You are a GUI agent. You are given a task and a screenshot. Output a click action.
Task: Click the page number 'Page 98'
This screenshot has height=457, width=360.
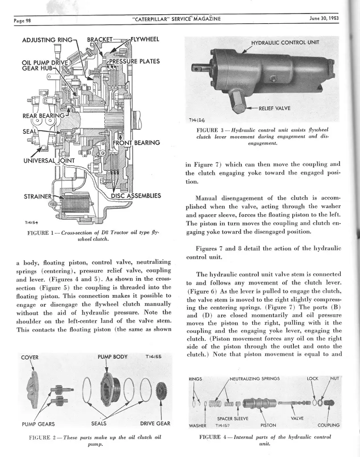[x=21, y=20]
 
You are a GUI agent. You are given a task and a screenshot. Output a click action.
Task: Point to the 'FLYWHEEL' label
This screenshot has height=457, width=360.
[x=144, y=39]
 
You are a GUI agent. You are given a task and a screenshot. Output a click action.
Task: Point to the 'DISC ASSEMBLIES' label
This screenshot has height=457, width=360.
[x=136, y=196]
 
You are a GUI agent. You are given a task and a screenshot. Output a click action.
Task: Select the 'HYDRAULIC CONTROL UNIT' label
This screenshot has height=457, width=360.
[x=286, y=43]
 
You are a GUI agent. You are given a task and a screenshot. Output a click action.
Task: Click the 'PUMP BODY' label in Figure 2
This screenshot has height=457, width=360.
[x=112, y=357]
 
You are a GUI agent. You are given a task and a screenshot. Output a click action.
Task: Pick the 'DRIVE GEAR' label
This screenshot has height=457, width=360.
[x=155, y=423]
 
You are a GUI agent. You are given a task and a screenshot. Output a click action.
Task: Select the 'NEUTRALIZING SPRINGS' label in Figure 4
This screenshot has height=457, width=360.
[x=255, y=378]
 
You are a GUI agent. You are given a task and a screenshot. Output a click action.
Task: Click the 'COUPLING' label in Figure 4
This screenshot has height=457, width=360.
[x=329, y=425]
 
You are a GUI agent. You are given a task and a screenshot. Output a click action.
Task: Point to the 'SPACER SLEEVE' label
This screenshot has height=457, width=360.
[x=232, y=419]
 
